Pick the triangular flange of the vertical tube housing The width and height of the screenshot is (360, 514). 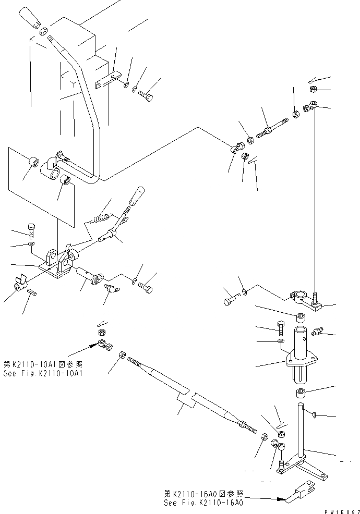coord(301,359)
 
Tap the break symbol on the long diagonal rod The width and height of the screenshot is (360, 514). coord(188,398)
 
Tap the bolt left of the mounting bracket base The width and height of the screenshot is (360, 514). coord(30,229)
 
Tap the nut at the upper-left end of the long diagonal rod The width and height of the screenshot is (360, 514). coord(122,354)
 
